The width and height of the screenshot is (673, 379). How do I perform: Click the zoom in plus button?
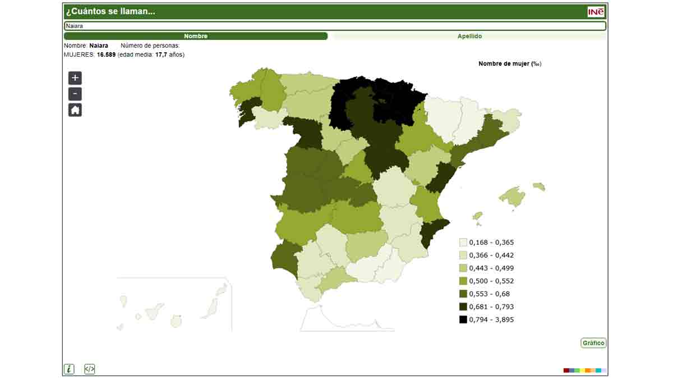pos(75,78)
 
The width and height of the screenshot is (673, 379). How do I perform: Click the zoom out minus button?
pos(75,94)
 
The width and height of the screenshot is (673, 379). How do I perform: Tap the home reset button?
pos(75,110)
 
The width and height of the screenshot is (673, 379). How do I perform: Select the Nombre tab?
pos(195,36)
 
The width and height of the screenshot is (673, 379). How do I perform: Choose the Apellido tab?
pos(469,36)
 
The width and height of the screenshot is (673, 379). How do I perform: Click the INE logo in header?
pos(596,12)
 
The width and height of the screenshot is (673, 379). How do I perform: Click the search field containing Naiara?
pos(335,26)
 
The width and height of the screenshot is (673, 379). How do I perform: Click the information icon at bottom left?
pos(69,369)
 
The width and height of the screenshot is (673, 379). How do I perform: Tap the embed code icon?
pos(90,369)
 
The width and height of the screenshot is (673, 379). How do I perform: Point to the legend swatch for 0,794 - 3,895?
pos(463,319)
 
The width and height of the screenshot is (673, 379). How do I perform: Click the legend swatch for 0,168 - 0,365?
pos(463,243)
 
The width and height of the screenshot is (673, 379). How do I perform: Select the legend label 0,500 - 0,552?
pos(491,281)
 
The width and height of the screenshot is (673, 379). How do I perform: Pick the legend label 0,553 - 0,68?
pos(489,294)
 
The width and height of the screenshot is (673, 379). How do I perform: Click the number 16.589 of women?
pos(106,54)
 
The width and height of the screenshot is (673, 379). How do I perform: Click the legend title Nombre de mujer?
pos(509,64)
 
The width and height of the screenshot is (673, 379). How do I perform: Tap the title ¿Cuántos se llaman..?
pos(110,11)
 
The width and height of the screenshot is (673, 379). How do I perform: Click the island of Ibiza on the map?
pos(477,216)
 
